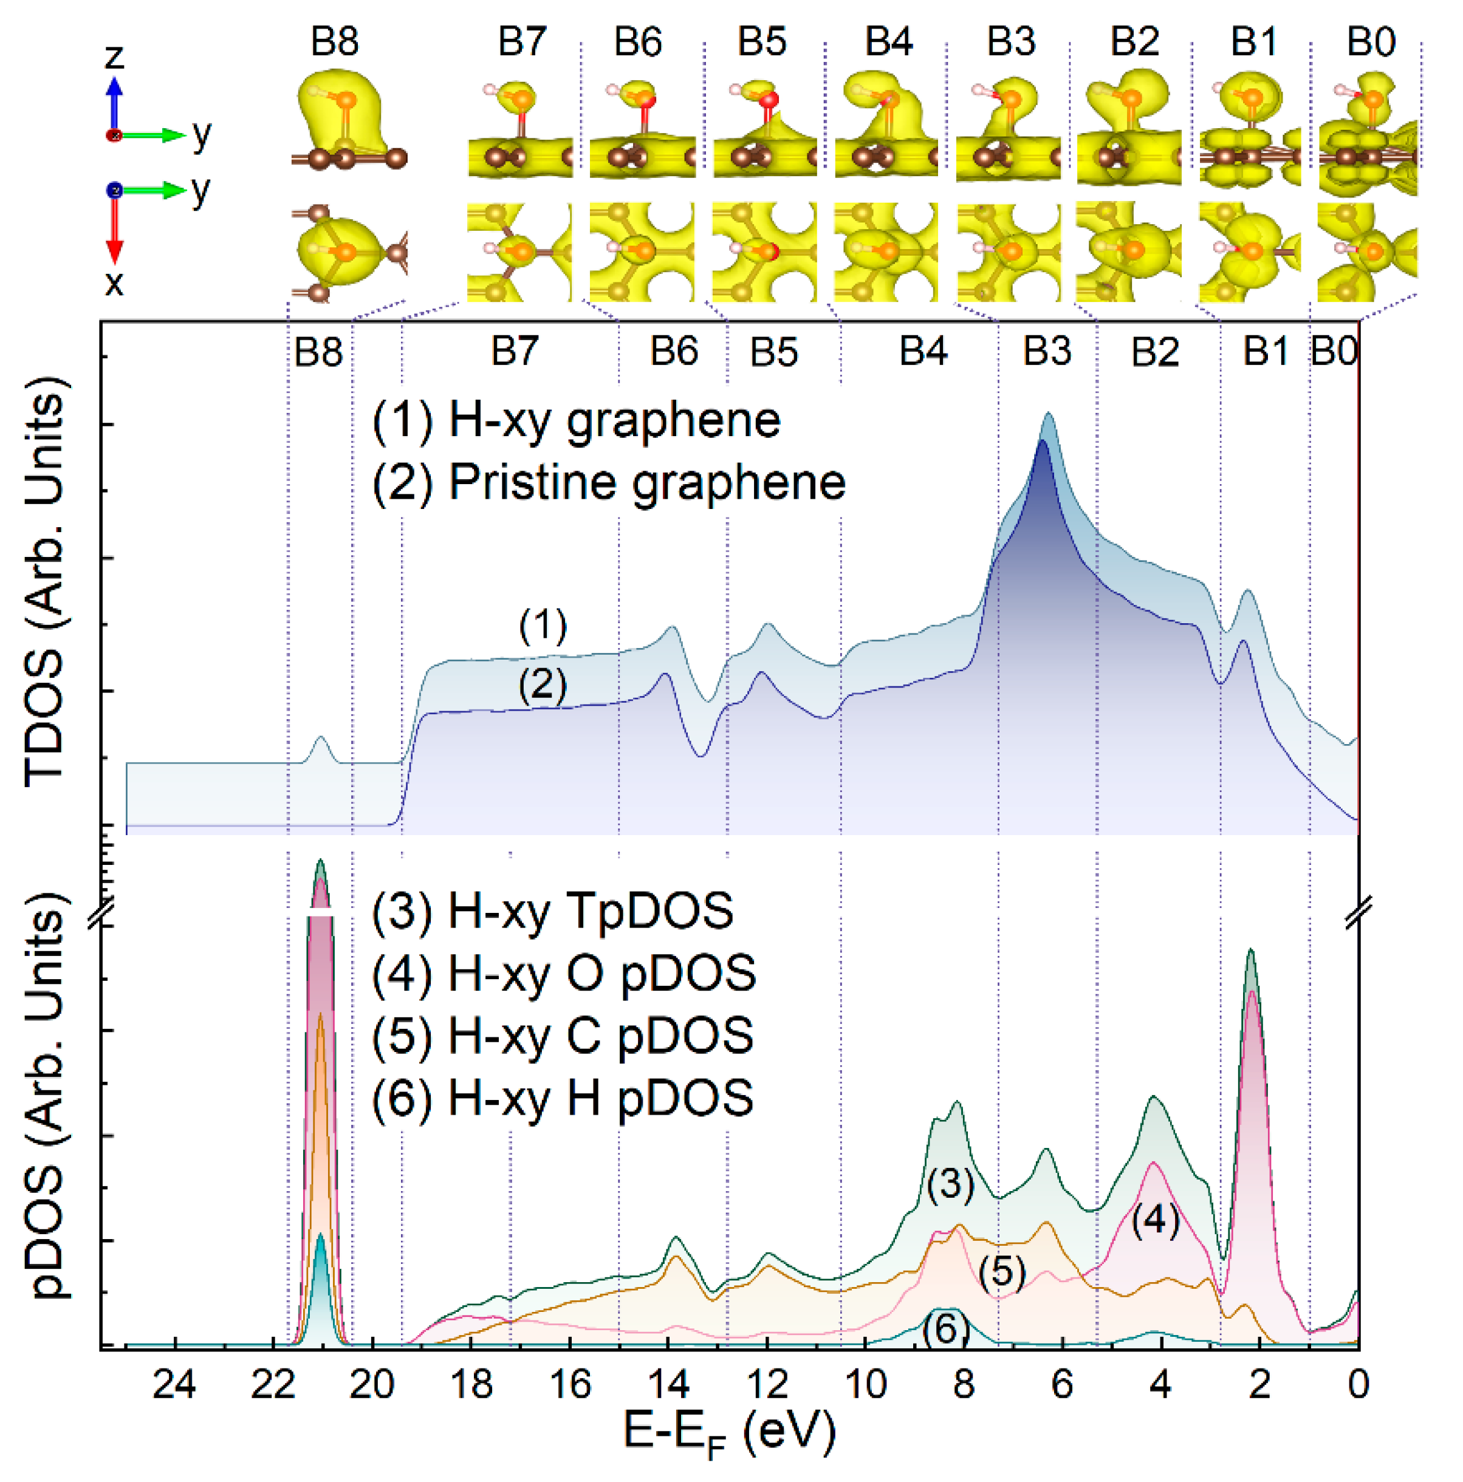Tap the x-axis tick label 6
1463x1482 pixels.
coord(1062,1385)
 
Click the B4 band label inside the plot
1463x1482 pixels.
coord(923,351)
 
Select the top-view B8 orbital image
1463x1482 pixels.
coord(349,251)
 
